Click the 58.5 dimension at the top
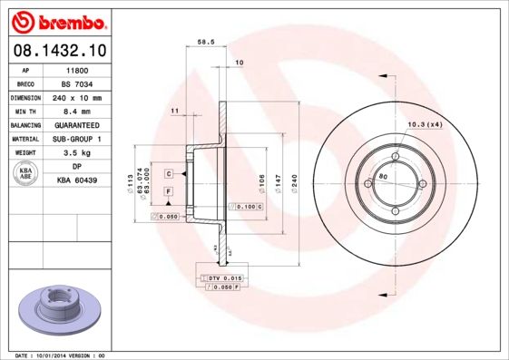click(205, 42)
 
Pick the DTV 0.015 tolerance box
click(221, 277)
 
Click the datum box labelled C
click(169, 172)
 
